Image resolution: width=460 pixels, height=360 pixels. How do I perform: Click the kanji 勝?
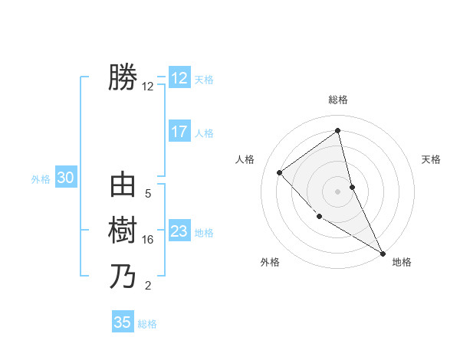pos(123,77)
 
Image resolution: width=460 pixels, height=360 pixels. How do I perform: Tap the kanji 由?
pos(123,185)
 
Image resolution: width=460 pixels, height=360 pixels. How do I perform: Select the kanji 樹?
pos(123,231)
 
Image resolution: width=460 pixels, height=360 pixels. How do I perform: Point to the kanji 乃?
pos(123,276)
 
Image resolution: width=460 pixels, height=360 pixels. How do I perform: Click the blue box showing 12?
pos(179,78)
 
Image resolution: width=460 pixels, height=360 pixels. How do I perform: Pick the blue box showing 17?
pos(179,132)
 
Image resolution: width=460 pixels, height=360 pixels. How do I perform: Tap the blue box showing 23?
pos(179,231)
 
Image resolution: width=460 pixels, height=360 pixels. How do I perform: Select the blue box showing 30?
pos(65,178)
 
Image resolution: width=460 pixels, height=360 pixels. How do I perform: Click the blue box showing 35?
pos(123,322)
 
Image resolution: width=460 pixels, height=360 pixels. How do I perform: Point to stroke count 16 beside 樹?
pos(148,240)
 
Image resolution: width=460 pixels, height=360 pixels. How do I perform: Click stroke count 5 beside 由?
pos(148,194)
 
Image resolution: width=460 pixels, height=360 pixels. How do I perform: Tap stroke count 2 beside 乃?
pos(148,286)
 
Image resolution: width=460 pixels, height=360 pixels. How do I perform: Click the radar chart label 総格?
pos(338,100)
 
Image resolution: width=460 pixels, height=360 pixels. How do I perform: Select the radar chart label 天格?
pos(432,159)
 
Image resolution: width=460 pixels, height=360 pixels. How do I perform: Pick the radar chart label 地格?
pos(402,263)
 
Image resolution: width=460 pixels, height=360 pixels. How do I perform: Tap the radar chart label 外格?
pos(270,263)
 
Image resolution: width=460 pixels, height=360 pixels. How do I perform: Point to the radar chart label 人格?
pos(245,159)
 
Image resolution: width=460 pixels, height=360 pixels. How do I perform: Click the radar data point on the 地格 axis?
pos(383,252)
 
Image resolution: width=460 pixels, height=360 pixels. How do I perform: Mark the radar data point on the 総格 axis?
pos(338,130)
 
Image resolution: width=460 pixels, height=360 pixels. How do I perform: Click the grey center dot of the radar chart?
pos(338,191)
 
